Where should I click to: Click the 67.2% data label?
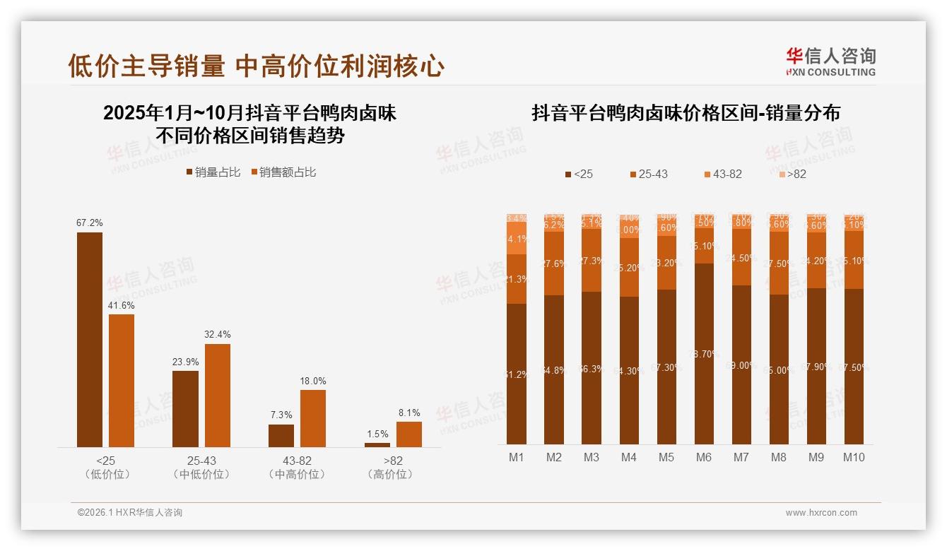click(89, 223)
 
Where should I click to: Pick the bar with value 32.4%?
click(218, 395)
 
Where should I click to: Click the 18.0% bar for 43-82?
click(313, 418)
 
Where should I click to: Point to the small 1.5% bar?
click(377, 444)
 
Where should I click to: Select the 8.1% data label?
click(408, 413)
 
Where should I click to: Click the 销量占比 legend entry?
click(213, 172)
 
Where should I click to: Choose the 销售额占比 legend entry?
click(283, 172)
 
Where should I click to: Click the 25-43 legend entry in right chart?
click(647, 174)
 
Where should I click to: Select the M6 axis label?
click(703, 457)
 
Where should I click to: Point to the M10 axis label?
click(853, 457)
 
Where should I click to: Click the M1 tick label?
click(517, 457)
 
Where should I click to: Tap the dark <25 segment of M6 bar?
click(703, 353)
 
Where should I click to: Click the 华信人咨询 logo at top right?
click(830, 62)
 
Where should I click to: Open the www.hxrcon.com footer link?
click(821, 513)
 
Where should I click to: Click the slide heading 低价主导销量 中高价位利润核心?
click(256, 66)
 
